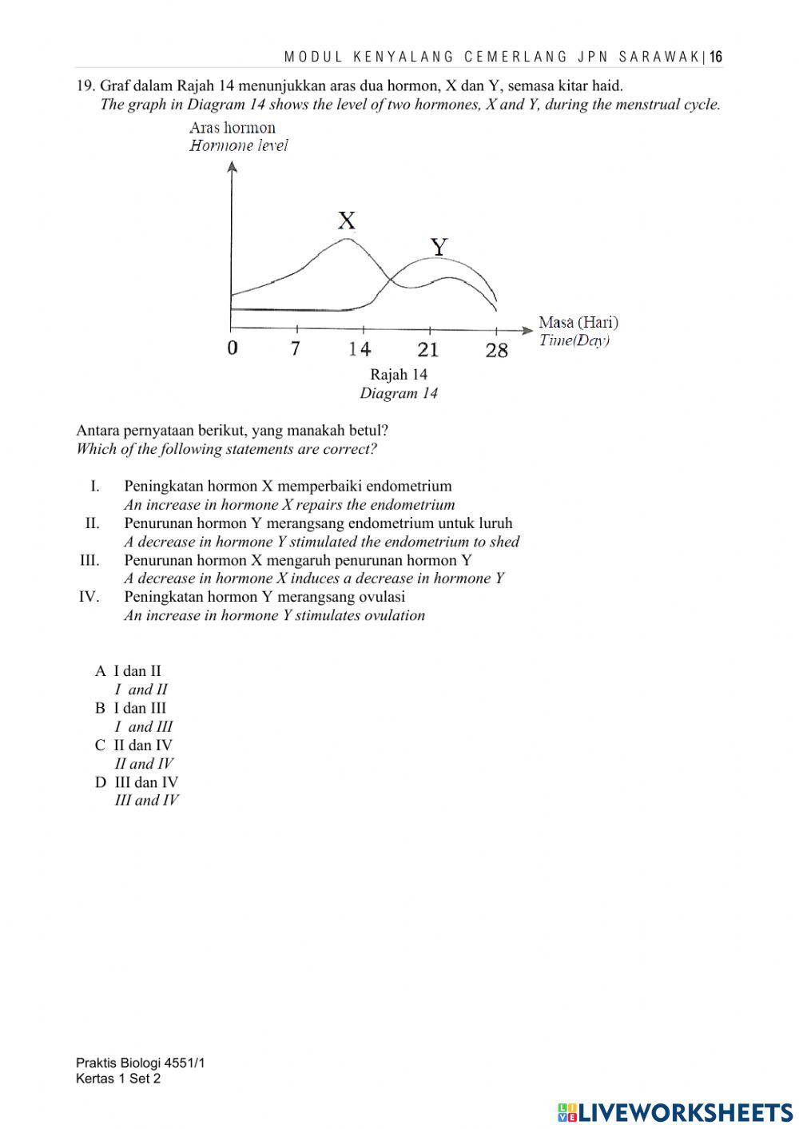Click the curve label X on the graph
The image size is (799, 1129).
pyautogui.click(x=346, y=221)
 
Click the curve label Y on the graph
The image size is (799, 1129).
pyautogui.click(x=439, y=247)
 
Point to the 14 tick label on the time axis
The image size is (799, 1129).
pyautogui.click(x=360, y=349)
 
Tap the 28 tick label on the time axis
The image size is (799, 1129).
pyautogui.click(x=496, y=350)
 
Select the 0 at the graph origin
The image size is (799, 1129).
pyautogui.click(x=232, y=348)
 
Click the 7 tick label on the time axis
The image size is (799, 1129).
pyautogui.click(x=296, y=348)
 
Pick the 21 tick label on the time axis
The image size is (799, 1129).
pyautogui.click(x=428, y=349)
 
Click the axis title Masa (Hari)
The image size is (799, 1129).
pyautogui.click(x=578, y=322)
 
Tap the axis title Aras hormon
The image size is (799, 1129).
pyautogui.click(x=232, y=128)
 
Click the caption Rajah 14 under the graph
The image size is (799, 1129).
pyautogui.click(x=399, y=374)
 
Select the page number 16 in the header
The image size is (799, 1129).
pyautogui.click(x=716, y=57)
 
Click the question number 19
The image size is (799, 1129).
pyautogui.click(x=85, y=85)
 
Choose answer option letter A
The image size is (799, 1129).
pyautogui.click(x=100, y=671)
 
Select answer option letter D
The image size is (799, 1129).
pyautogui.click(x=100, y=782)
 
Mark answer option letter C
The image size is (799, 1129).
pyautogui.click(x=100, y=745)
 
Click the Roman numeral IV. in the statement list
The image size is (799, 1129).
pyautogui.click(x=89, y=597)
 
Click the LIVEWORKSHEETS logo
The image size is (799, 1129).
pyautogui.click(x=674, y=1111)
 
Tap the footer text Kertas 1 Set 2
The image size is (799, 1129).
pyautogui.click(x=118, y=1079)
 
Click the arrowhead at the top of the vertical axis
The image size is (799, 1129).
pyautogui.click(x=232, y=166)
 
